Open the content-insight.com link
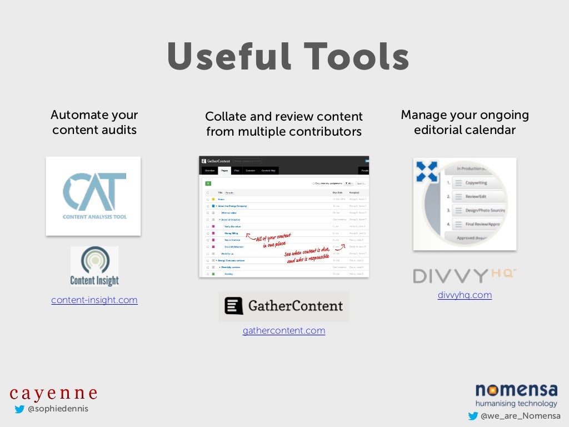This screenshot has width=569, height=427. coord(94,300)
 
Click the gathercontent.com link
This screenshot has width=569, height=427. coord(284,330)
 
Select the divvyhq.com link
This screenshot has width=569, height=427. coord(465,295)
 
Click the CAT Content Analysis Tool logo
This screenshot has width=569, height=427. coord(93,196)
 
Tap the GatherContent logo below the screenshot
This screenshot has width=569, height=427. coord(284,306)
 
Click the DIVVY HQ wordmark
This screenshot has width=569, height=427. coord(465,276)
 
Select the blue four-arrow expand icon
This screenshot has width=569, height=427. coord(427,171)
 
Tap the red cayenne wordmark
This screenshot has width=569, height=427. coord(53,393)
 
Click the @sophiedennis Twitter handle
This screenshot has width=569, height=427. coord(58,409)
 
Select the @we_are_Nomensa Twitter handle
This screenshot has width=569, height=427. coord(520,416)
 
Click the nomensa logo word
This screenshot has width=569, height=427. coord(516,390)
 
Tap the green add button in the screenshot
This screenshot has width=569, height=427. coord(208,183)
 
